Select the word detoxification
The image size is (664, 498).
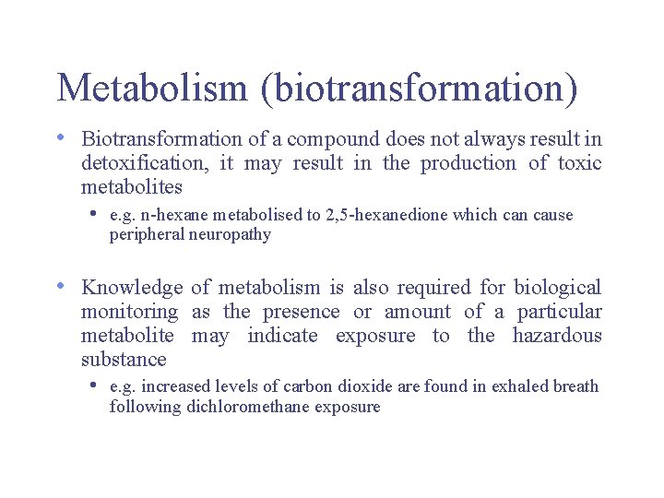coord(143,164)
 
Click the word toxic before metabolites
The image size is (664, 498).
coord(579,164)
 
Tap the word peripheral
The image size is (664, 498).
coord(147,235)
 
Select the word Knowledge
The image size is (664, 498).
coord(132,289)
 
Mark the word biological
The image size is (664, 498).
coord(557,289)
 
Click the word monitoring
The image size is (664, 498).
coord(129,313)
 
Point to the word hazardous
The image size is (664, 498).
coord(556,337)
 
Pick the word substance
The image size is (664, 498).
coord(124,361)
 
